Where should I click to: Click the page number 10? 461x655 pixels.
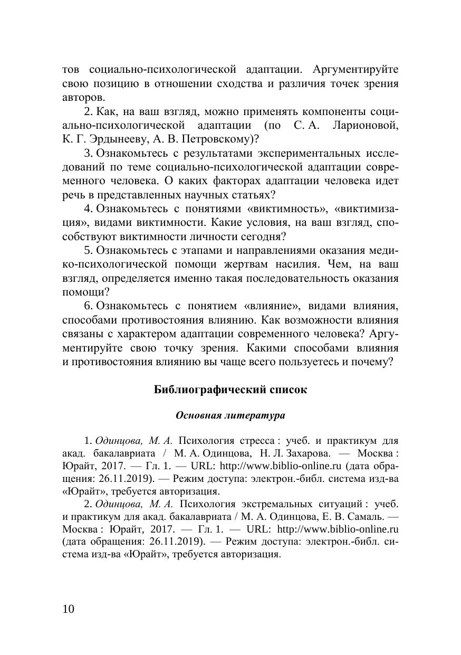coord(69,609)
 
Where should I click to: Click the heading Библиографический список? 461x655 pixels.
coord(230,390)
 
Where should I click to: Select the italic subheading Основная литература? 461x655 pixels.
coord(230,415)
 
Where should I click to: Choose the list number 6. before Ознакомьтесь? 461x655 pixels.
coord(89,306)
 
